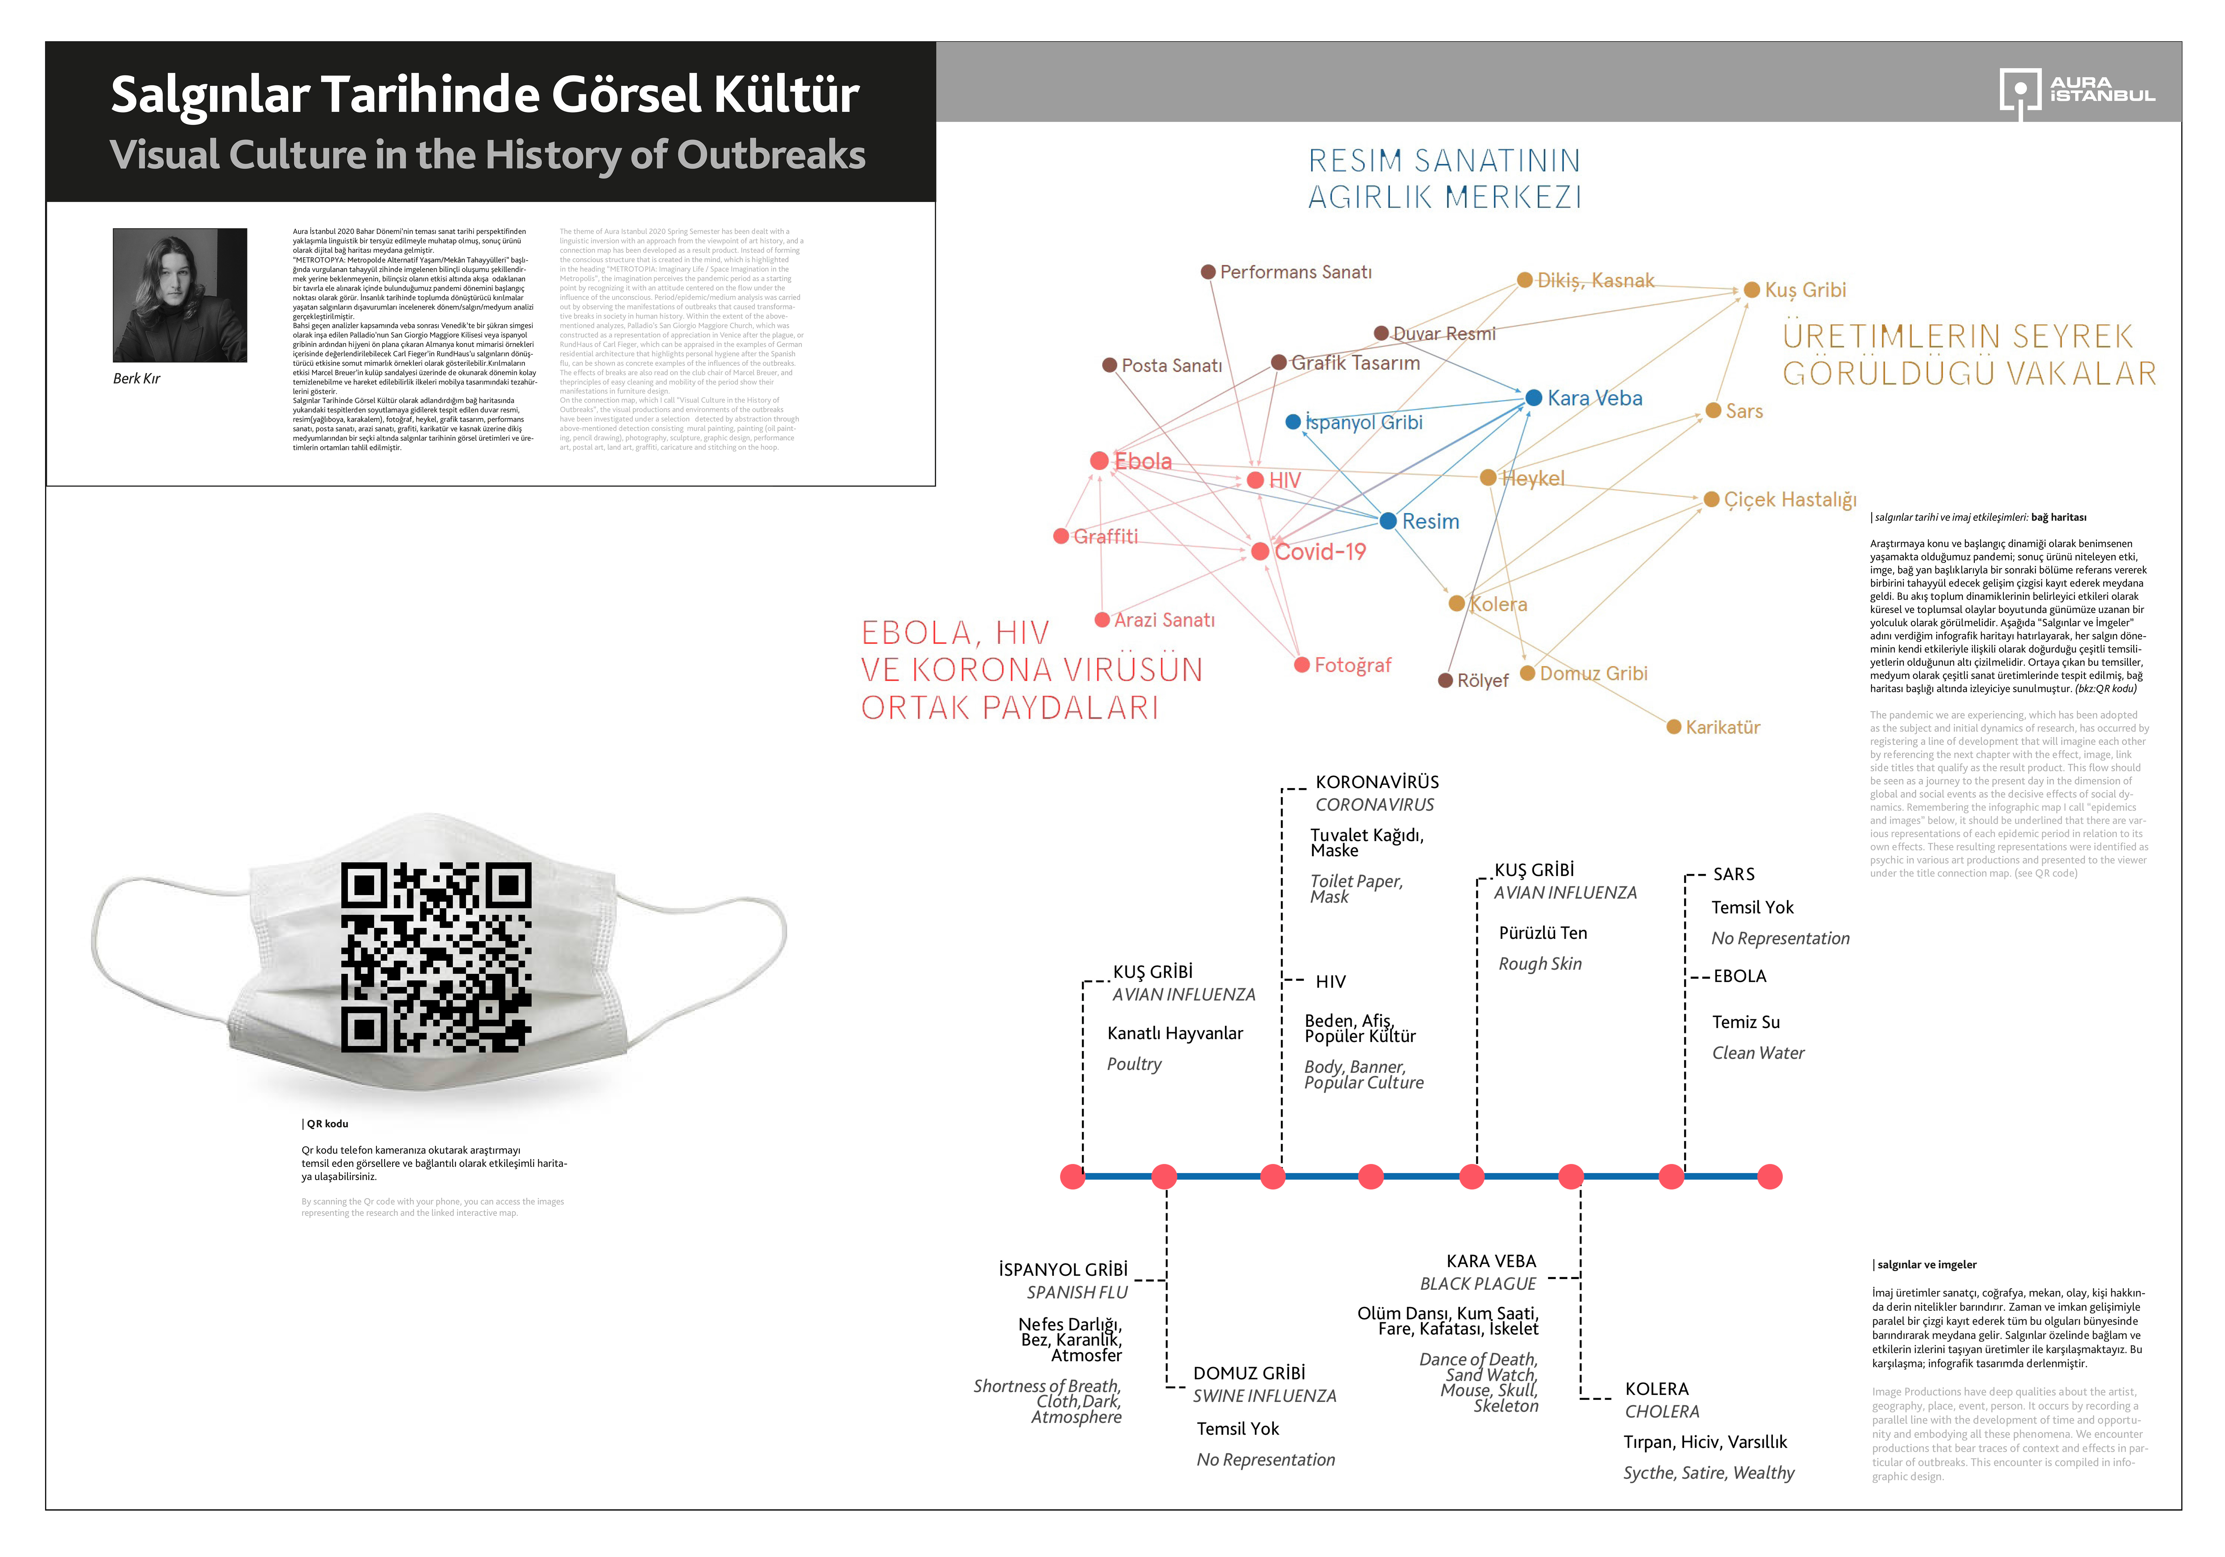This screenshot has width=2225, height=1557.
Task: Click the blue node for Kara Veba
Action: (1533, 397)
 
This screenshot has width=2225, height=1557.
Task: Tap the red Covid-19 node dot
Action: (1260, 551)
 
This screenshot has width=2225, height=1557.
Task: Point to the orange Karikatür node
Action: (1674, 727)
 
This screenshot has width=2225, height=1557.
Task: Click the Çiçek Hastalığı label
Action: (1790, 500)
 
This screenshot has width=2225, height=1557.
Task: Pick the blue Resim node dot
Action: (1388, 521)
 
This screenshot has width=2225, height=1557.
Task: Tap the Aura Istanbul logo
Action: (2077, 92)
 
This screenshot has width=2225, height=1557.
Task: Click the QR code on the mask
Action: (436, 957)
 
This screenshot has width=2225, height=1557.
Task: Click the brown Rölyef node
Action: (1446, 680)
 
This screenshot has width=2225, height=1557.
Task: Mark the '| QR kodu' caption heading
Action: (326, 1124)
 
